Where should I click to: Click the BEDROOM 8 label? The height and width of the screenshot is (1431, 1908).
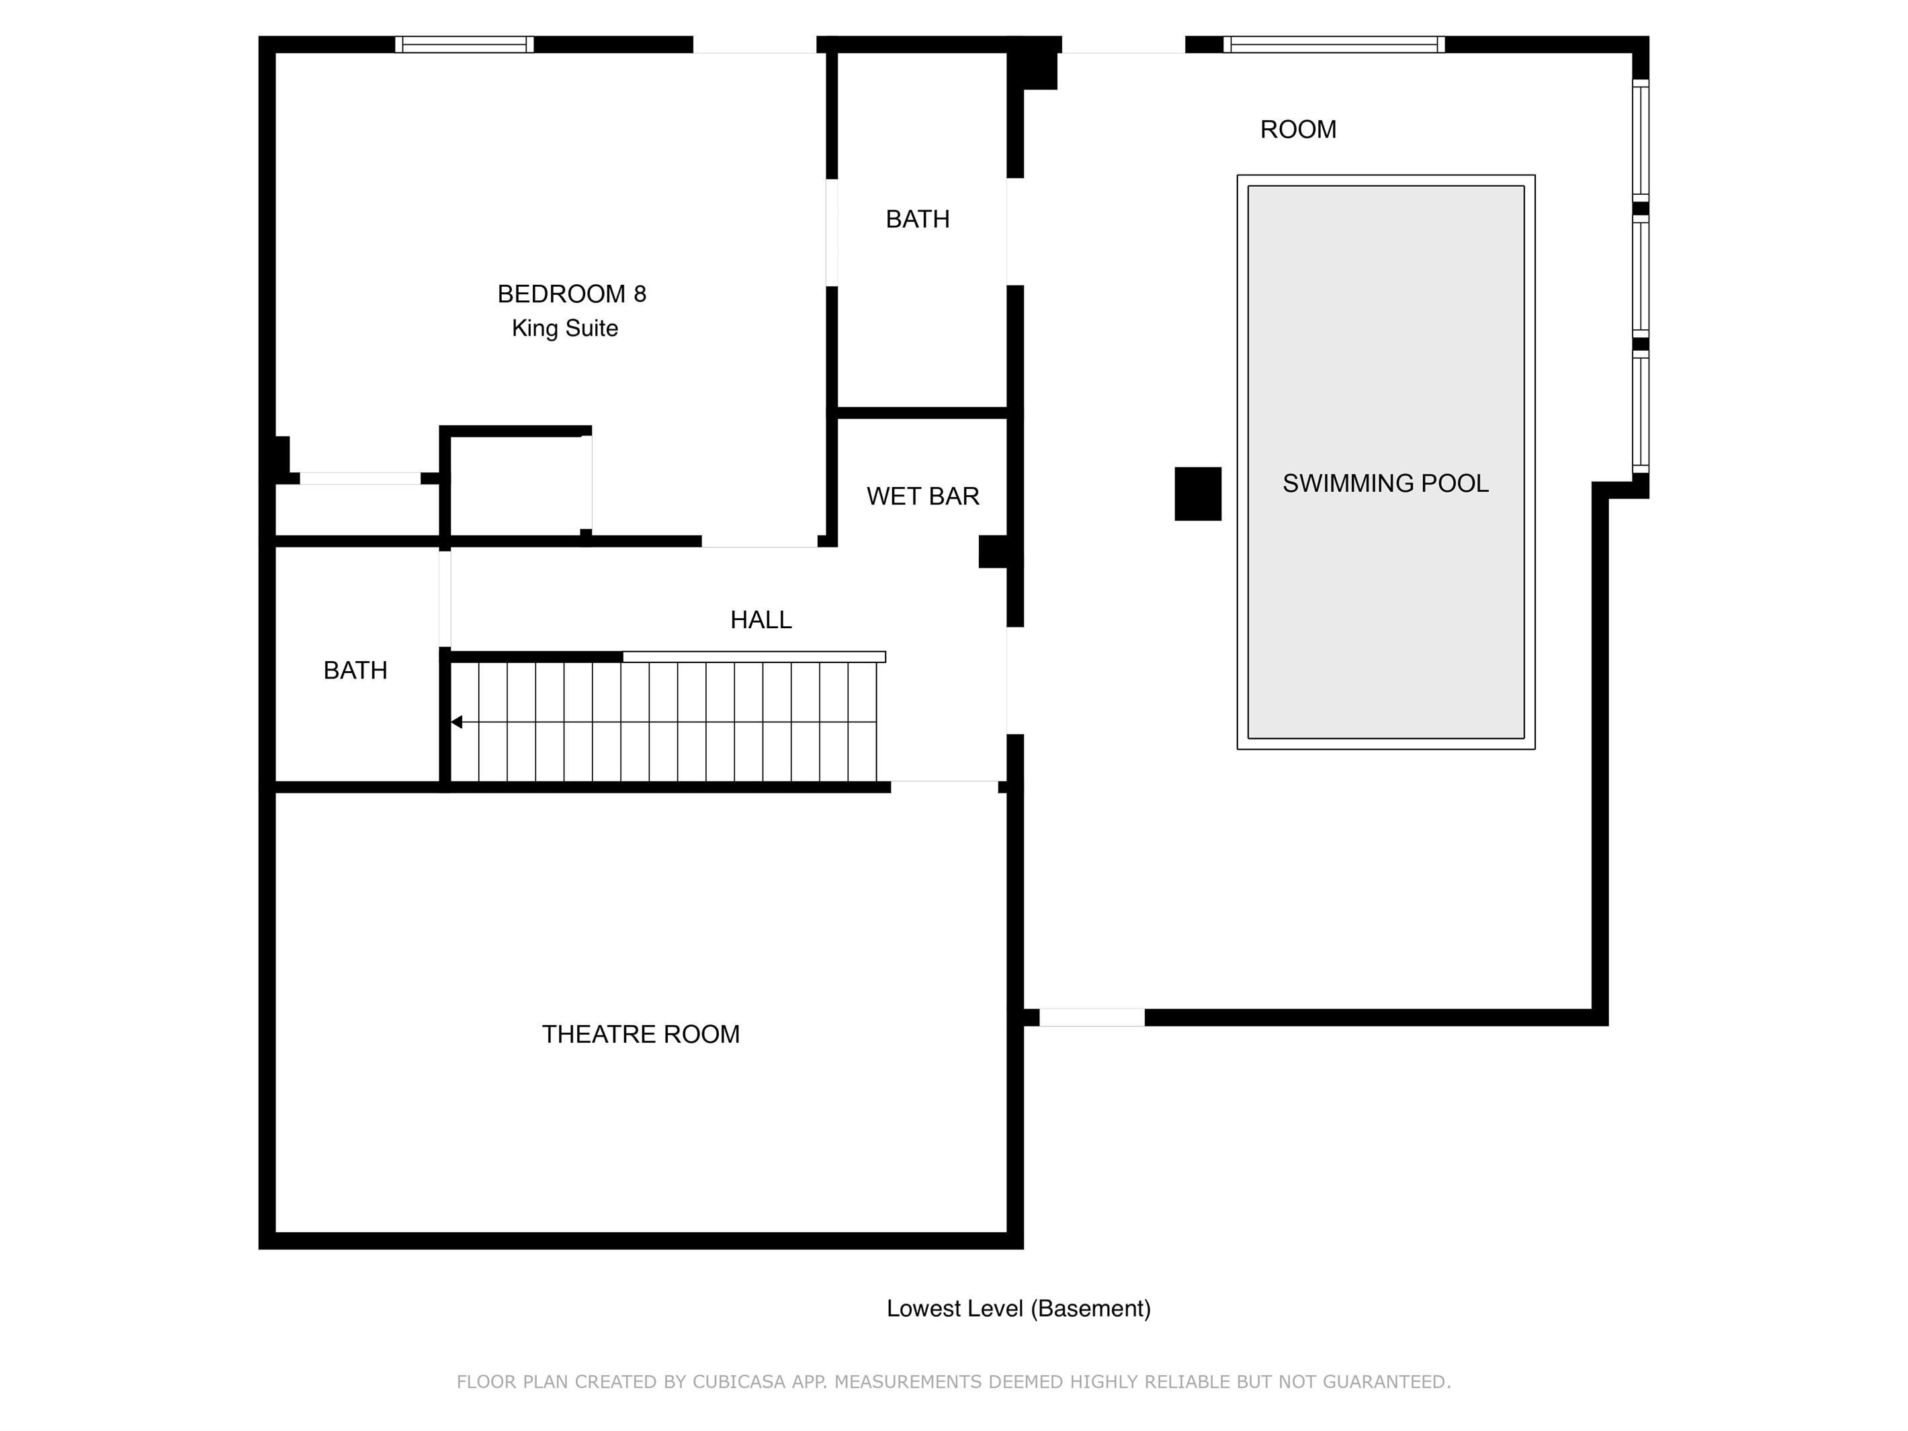pyautogui.click(x=572, y=294)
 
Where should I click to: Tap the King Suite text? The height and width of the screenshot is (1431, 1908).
pyautogui.click(x=565, y=329)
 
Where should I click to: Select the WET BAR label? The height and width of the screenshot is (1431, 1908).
pyautogui.click(x=923, y=496)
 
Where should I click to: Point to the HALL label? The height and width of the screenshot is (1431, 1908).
pyautogui.click(x=761, y=619)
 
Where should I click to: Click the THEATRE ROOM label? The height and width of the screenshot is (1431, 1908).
pyautogui.click(x=641, y=1034)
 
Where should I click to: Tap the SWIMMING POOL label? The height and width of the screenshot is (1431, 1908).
pyautogui.click(x=1385, y=483)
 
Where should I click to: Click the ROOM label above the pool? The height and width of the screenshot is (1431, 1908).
pyautogui.click(x=1298, y=130)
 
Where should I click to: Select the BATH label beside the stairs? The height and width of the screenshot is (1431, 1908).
pyautogui.click(x=355, y=670)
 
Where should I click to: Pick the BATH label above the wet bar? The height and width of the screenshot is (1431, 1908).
pyautogui.click(x=918, y=219)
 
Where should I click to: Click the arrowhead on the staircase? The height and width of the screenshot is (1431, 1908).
pyautogui.click(x=457, y=722)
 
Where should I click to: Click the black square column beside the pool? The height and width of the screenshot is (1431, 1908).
pyautogui.click(x=1198, y=493)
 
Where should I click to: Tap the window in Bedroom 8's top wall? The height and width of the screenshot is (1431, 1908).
pyautogui.click(x=464, y=44)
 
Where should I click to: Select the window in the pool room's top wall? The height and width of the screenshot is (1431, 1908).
pyautogui.click(x=1334, y=44)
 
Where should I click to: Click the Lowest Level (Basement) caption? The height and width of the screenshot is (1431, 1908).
pyautogui.click(x=1018, y=1309)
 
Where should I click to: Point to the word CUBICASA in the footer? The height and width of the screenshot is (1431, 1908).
pyautogui.click(x=738, y=1382)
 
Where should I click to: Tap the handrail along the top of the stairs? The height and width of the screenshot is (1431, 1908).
pyautogui.click(x=754, y=657)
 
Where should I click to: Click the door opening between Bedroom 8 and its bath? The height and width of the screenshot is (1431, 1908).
pyautogui.click(x=832, y=232)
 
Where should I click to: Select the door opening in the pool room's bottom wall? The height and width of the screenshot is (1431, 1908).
pyautogui.click(x=1092, y=1017)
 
